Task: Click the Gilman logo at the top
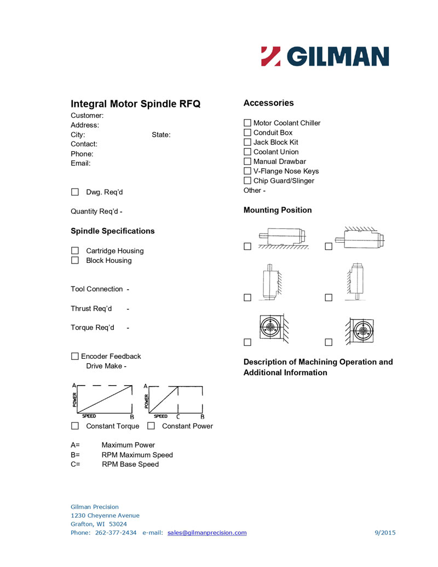pyautogui.click(x=325, y=56)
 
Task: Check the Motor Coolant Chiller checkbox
pyautogui.click(x=247, y=123)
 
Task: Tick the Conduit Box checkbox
pyautogui.click(x=247, y=133)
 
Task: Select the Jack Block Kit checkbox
pyautogui.click(x=247, y=142)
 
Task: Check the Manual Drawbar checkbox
pyautogui.click(x=247, y=162)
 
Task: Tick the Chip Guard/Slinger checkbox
pyautogui.click(x=247, y=181)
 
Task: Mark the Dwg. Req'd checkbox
pyautogui.click(x=75, y=192)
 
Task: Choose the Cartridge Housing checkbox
pyautogui.click(x=75, y=251)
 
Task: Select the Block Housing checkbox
pyautogui.click(x=75, y=261)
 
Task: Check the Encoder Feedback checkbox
pyautogui.click(x=75, y=357)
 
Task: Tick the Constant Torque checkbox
pyautogui.click(x=75, y=426)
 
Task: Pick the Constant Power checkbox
pyautogui.click(x=151, y=426)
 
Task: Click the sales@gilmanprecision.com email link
pyautogui.click(x=207, y=532)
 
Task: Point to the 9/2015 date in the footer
pyautogui.click(x=385, y=532)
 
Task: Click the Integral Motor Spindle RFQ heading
pyautogui.click(x=136, y=104)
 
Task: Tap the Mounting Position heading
pyautogui.click(x=278, y=210)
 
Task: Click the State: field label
pyautogui.click(x=161, y=135)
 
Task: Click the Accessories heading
pyautogui.click(x=268, y=103)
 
